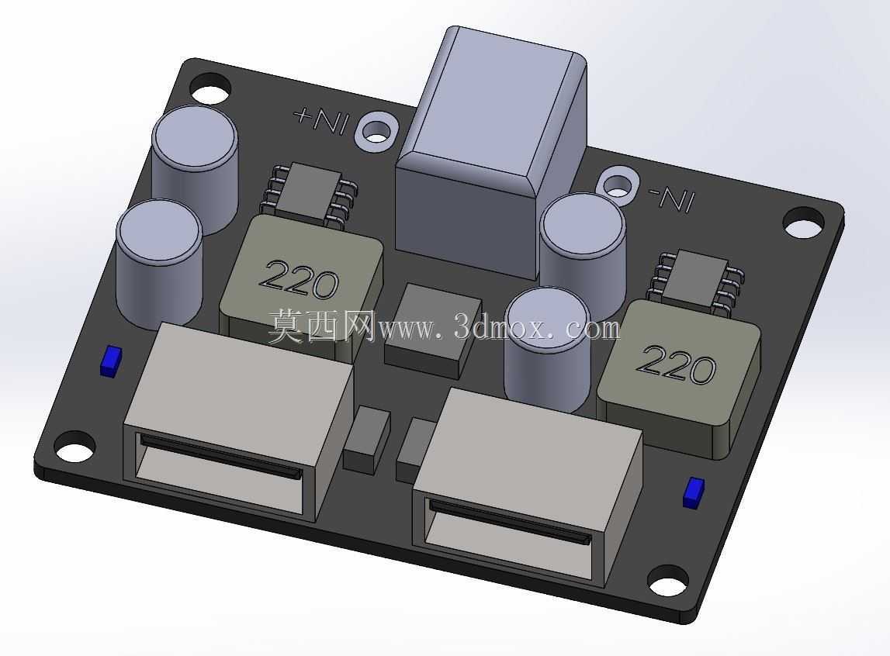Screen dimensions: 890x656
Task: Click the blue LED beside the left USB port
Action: pyautogui.click(x=111, y=361)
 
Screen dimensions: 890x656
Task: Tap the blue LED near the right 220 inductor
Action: pyautogui.click(x=694, y=492)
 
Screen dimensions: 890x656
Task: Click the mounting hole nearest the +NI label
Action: pyautogui.click(x=211, y=90)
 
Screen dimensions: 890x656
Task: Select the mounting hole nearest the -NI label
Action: pyautogui.click(x=804, y=223)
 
